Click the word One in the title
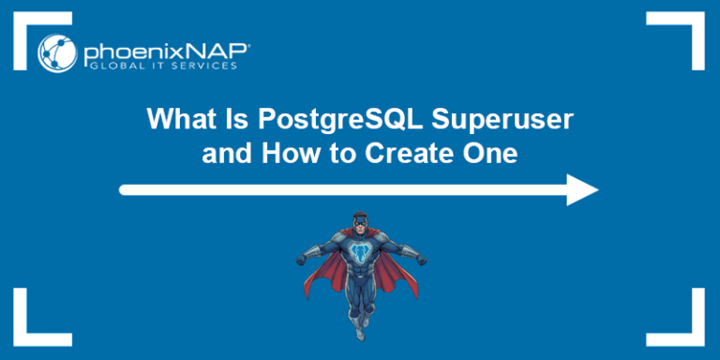pyautogui.click(x=490, y=154)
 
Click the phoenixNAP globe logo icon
pyautogui.click(x=57, y=52)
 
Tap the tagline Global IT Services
pyautogui.click(x=163, y=67)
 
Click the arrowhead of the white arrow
pyautogui.click(x=581, y=189)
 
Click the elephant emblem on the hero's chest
pyautogui.click(x=360, y=251)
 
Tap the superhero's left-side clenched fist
pyautogui.click(x=301, y=260)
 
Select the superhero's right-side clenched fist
pyautogui.click(x=421, y=261)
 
